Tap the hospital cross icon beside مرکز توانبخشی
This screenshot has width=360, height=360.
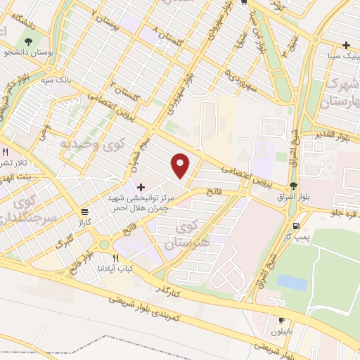pyautogui.click(x=141, y=187)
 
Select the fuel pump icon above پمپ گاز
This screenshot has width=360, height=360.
pyautogui.click(x=295, y=226)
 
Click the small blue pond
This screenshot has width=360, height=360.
pyautogui.click(x=292, y=282)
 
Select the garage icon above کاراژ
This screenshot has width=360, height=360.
pyautogui.click(x=84, y=211)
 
